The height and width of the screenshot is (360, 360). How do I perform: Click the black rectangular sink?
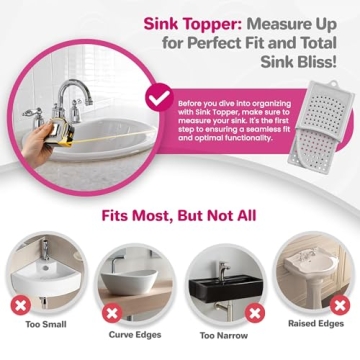click(x=221, y=277)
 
